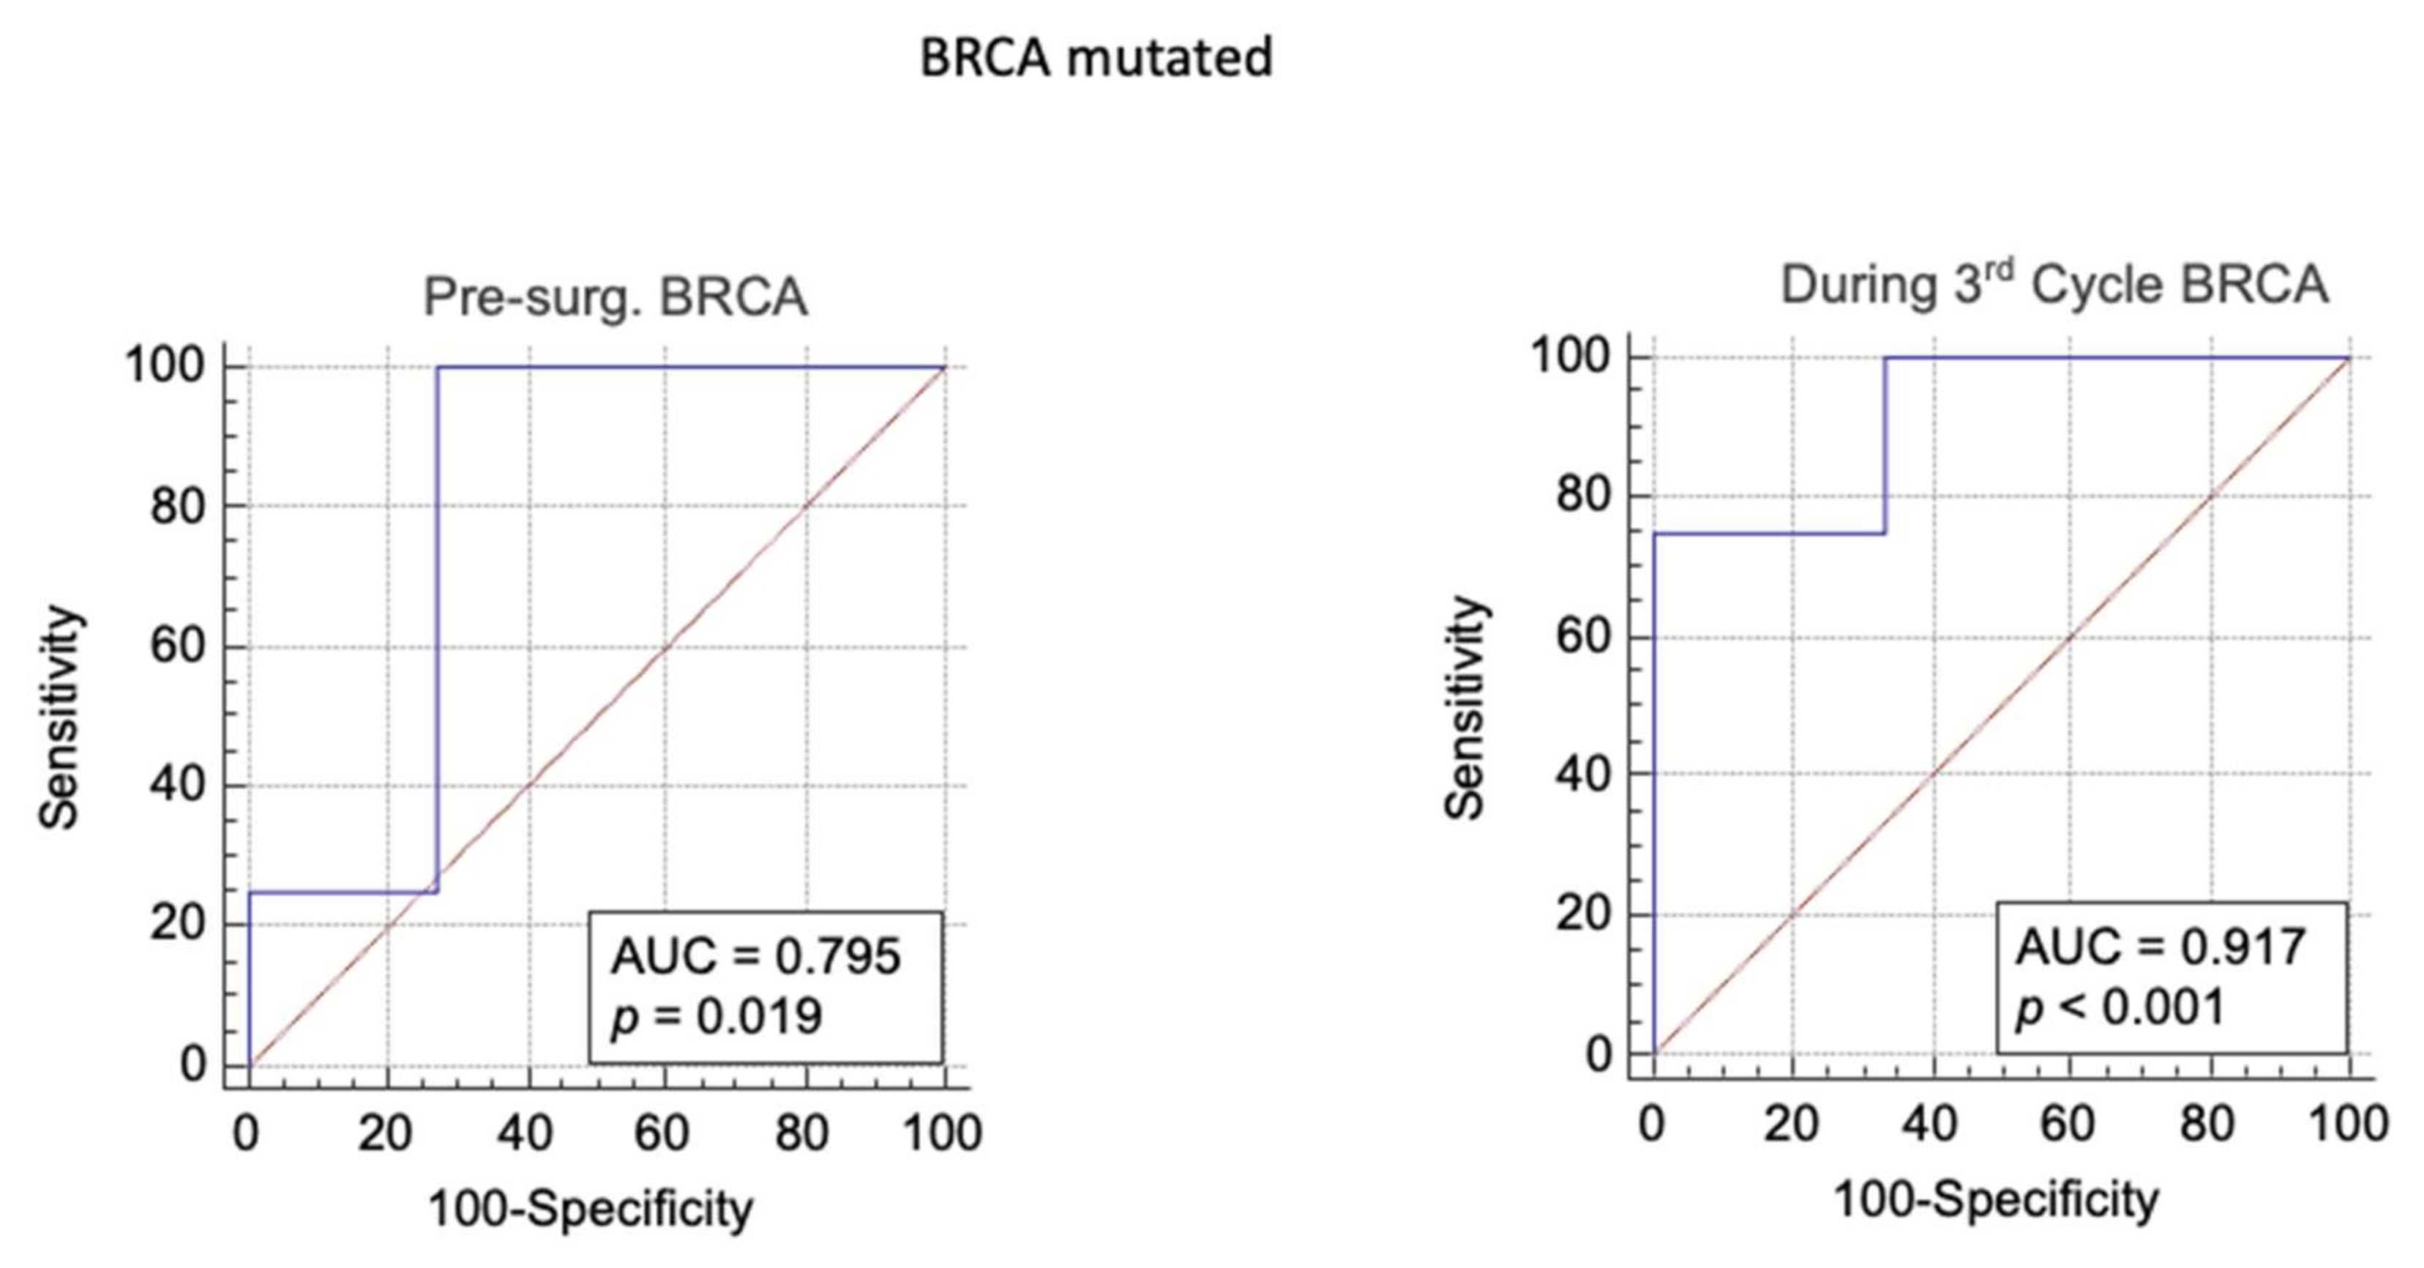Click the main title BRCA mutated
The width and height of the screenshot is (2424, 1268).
tap(1096, 59)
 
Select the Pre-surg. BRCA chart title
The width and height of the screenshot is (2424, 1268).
tap(615, 297)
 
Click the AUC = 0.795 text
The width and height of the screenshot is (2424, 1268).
tap(755, 956)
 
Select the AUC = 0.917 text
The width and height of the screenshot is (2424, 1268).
tap(2161, 947)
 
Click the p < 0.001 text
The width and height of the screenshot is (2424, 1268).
tap(2120, 1007)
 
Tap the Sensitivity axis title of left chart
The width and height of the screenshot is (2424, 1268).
tap(59, 717)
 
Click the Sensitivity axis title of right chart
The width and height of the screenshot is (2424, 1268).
tap(1464, 708)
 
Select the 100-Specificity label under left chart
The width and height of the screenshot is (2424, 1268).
tap(591, 1209)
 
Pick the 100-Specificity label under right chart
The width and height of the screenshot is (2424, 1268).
tap(1996, 1200)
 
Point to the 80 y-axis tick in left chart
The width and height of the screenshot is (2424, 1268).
tap(177, 507)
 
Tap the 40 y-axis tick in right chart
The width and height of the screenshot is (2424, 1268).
tap(1584, 775)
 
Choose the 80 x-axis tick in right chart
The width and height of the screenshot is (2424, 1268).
tap(2207, 1124)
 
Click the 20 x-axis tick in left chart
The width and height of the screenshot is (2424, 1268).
tap(384, 1133)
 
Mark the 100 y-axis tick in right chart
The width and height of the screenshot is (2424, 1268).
tap(1571, 358)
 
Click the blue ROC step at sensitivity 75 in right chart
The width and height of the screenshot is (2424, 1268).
tap(1769, 534)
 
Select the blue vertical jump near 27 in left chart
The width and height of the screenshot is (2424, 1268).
tap(438, 622)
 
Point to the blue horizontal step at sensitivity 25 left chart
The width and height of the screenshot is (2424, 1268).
tap(343, 892)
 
